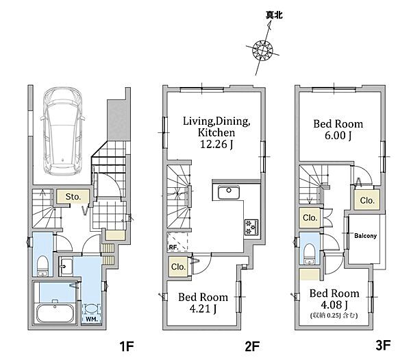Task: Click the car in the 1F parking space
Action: (62, 131)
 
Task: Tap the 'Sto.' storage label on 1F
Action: (73, 197)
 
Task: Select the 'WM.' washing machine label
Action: (92, 320)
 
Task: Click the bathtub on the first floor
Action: (55, 313)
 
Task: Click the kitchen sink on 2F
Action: (229, 193)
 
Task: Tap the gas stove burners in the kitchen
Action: (251, 227)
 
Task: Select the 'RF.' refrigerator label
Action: (173, 247)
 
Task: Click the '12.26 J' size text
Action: (216, 144)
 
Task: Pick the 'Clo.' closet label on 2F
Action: (178, 267)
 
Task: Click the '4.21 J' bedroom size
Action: (203, 309)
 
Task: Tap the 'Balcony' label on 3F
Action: (365, 236)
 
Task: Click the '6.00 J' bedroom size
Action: (338, 135)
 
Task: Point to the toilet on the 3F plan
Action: (310, 254)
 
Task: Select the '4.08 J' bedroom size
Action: (334, 304)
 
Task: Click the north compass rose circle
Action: (262, 50)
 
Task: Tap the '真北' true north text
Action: (274, 15)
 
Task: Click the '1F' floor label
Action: (127, 346)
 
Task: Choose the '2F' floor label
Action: (252, 346)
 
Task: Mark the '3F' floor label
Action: (383, 345)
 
